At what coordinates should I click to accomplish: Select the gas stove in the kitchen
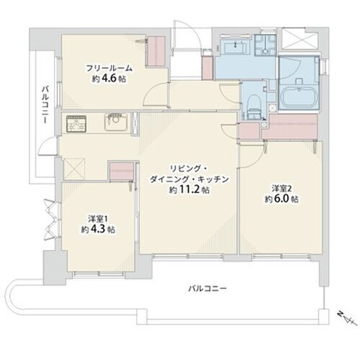click(76, 123)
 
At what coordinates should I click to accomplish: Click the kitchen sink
click(115, 122)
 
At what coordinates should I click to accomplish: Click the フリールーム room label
click(109, 68)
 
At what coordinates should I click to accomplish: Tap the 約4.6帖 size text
click(109, 78)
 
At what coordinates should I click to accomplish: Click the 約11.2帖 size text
click(189, 190)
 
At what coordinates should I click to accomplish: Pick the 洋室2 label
click(282, 189)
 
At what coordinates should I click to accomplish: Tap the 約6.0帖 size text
click(282, 199)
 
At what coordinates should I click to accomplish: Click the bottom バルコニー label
click(207, 289)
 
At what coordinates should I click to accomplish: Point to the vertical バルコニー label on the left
click(45, 105)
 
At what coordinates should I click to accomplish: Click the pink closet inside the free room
click(156, 51)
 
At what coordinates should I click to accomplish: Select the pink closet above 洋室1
click(121, 171)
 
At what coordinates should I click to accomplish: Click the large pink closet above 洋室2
click(289, 127)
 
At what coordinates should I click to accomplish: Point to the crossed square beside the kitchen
click(74, 168)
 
